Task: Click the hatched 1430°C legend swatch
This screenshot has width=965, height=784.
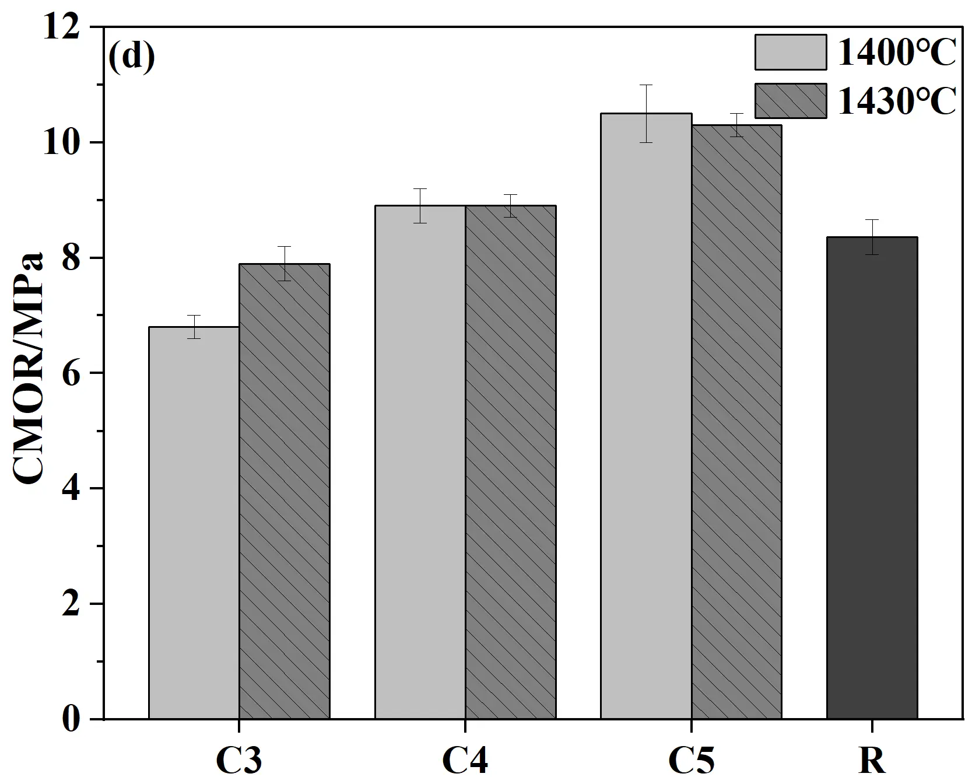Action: click(x=791, y=101)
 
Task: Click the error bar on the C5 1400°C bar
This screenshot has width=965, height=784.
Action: click(x=646, y=113)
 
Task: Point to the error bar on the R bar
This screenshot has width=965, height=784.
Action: click(x=872, y=237)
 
